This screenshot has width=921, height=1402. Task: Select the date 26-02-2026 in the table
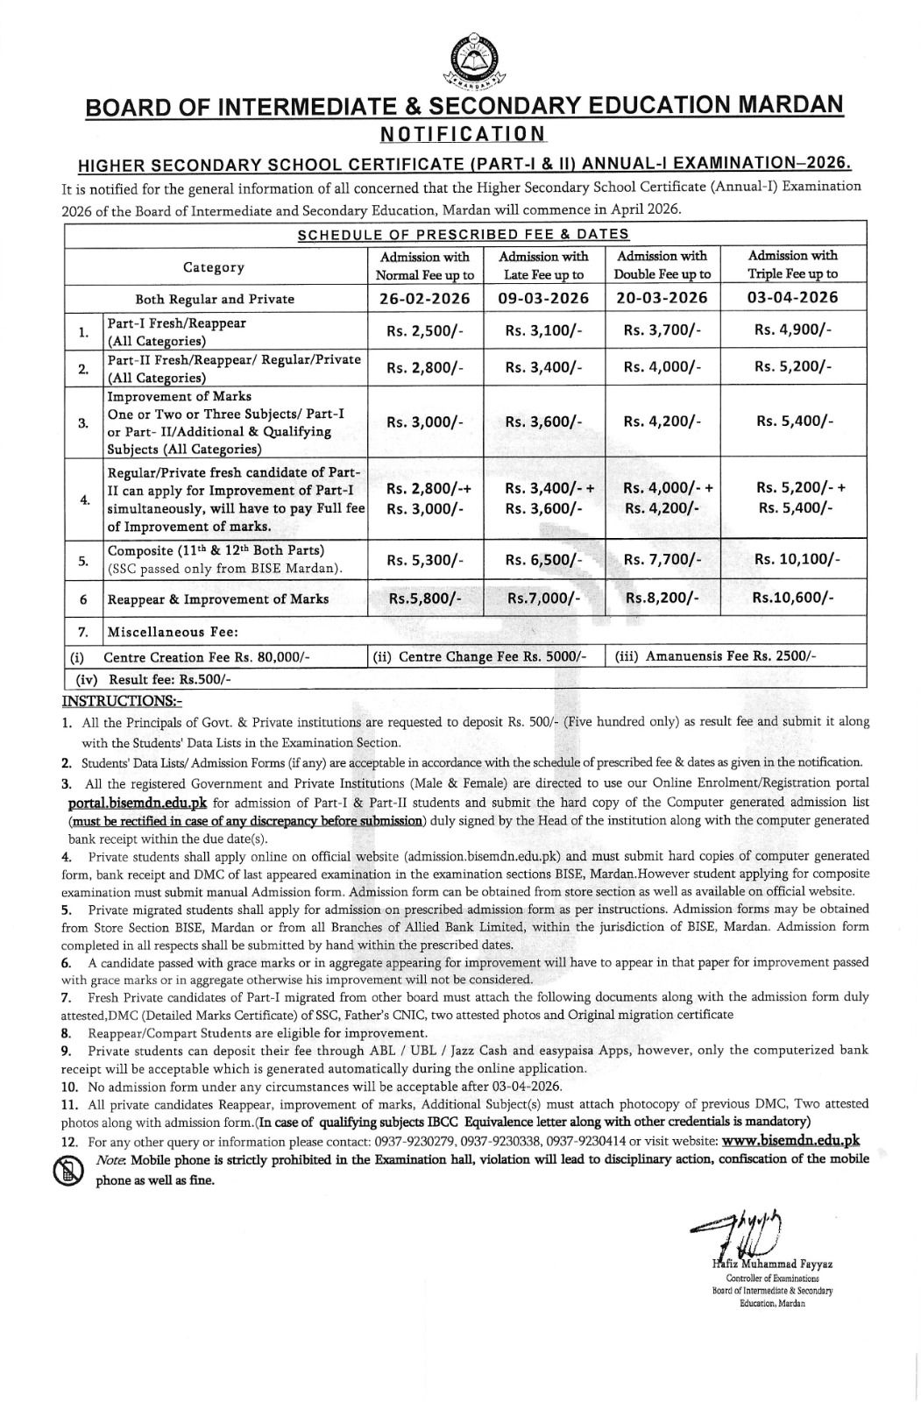click(x=425, y=298)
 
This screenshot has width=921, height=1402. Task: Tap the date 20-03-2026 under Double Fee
click(x=662, y=298)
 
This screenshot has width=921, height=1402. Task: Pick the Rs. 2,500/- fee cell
click(x=425, y=330)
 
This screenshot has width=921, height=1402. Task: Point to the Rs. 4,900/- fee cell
click(x=793, y=330)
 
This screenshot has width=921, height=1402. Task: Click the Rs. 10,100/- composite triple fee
click(x=793, y=559)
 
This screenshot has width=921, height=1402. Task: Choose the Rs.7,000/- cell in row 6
click(x=543, y=598)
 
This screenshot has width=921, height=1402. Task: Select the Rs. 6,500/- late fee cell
click(x=543, y=559)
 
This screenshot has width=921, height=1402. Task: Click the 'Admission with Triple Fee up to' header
click(x=792, y=265)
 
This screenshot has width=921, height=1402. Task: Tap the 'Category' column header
click(x=214, y=267)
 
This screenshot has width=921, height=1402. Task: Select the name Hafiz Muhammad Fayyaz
click(x=761, y=1264)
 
